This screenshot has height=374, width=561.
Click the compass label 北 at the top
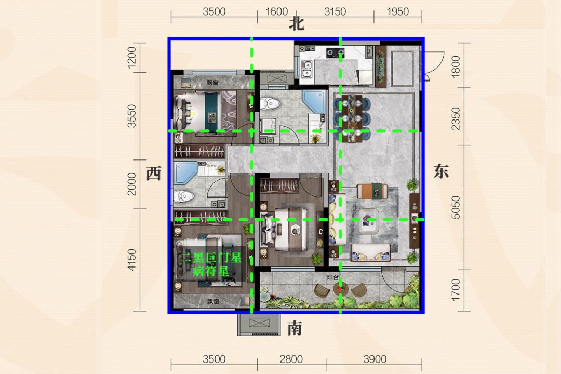click(x=297, y=24)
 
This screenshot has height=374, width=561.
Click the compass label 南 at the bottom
click(x=295, y=328)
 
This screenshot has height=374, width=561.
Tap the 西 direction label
click(x=153, y=173)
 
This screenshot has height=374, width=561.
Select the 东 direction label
click(x=441, y=171)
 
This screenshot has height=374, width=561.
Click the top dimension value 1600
click(x=276, y=12)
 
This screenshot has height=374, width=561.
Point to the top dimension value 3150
click(x=335, y=12)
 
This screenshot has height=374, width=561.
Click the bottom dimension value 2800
click(x=291, y=359)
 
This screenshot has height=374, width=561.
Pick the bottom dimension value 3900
click(x=375, y=359)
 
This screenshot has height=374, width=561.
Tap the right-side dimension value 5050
click(x=455, y=207)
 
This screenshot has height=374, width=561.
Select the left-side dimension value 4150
click(x=131, y=260)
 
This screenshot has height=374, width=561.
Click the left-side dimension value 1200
click(x=131, y=57)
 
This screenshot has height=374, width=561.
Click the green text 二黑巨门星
click(x=211, y=258)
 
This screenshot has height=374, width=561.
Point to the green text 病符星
click(x=211, y=271)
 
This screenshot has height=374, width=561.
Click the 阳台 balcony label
click(x=333, y=277)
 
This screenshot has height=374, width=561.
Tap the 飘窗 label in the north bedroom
click(x=212, y=83)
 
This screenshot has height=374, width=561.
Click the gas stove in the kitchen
click(x=335, y=54)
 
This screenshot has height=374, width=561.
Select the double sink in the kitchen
click(x=307, y=69)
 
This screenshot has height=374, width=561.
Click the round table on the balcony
click(x=340, y=288)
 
